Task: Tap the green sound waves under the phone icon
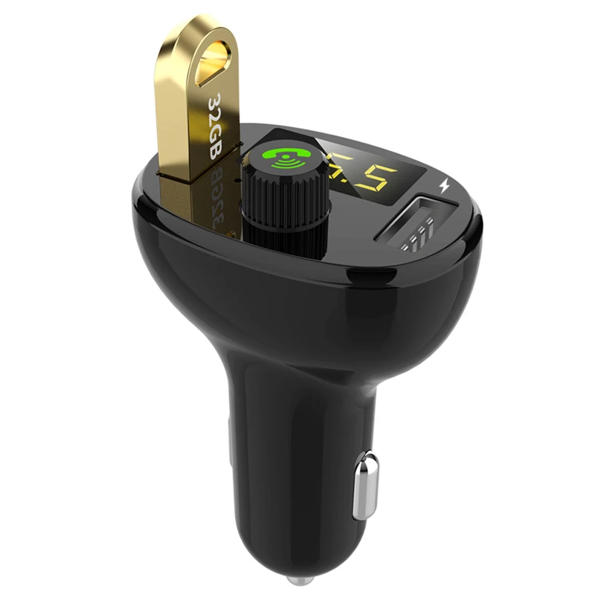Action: [284, 164]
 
